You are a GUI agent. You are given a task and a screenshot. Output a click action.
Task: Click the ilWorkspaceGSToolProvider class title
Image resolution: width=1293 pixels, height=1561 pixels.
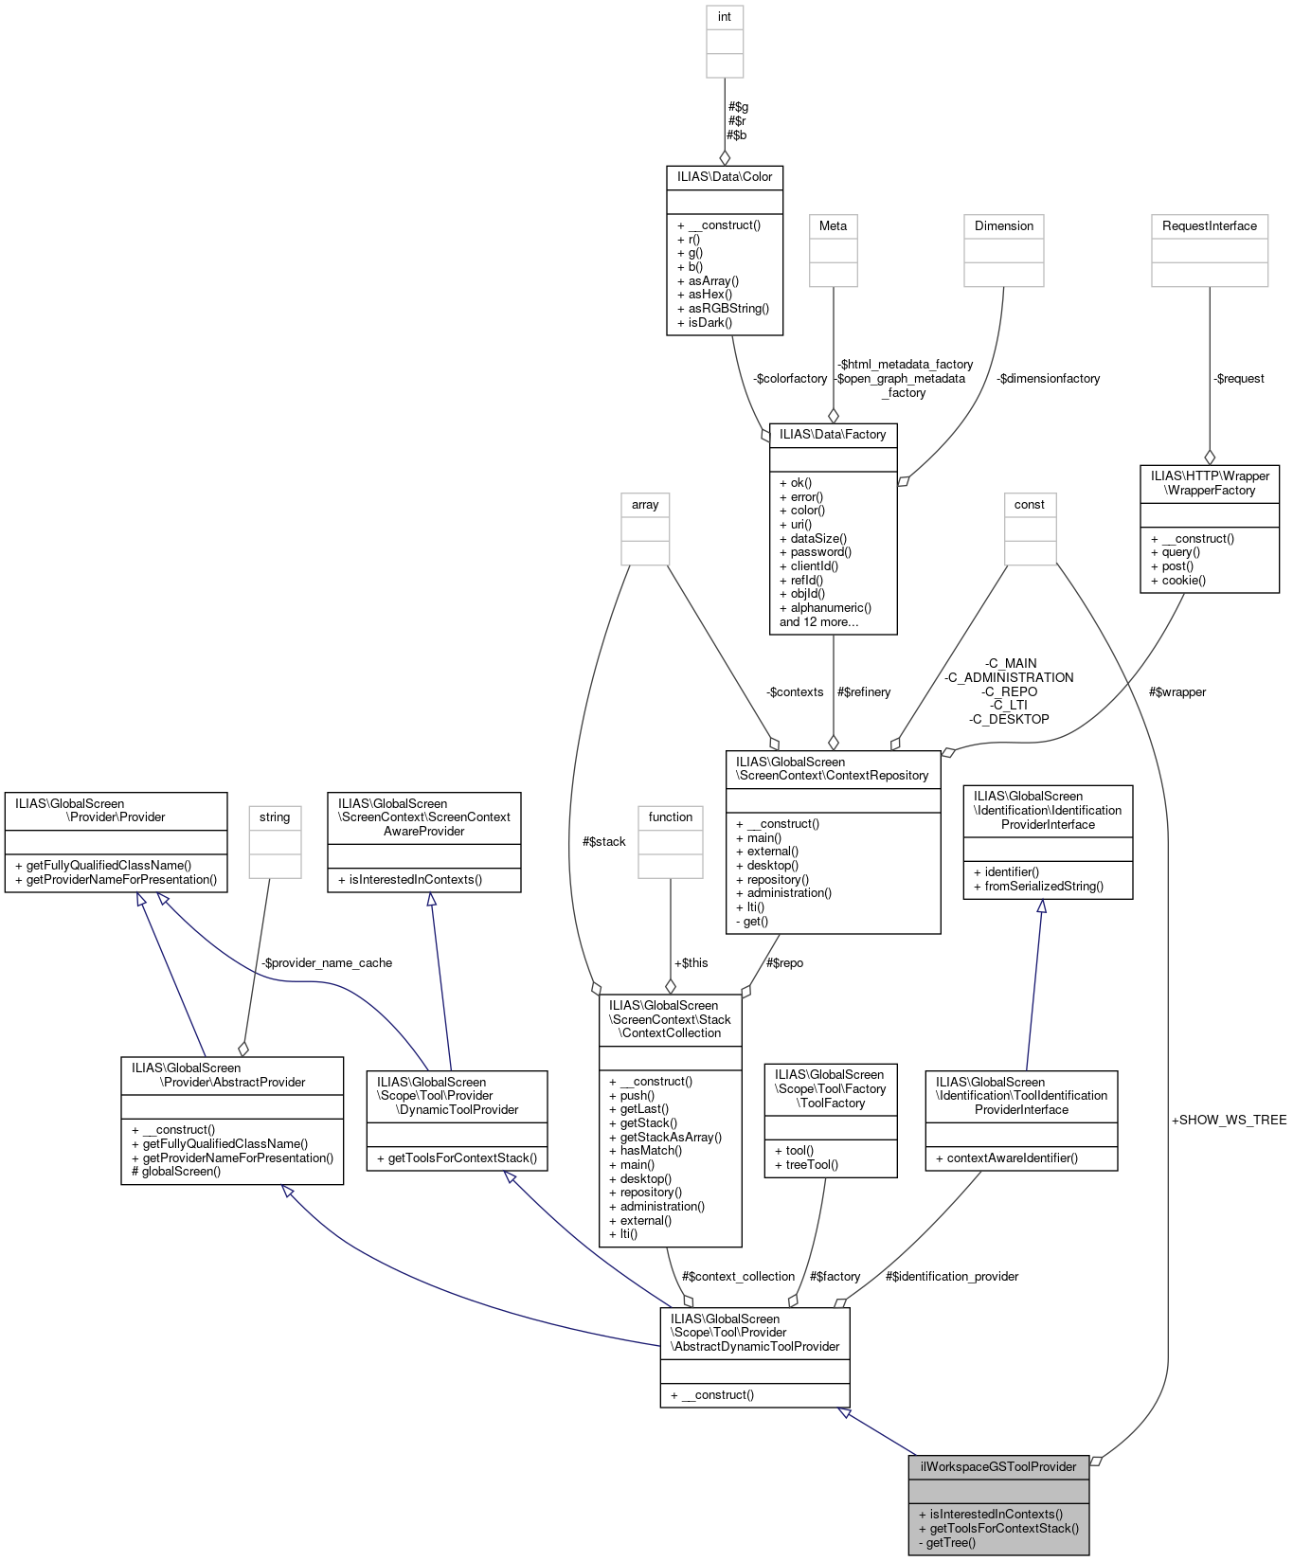tap(998, 1466)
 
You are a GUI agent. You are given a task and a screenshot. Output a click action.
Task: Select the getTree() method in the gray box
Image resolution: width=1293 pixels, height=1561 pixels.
tap(950, 1542)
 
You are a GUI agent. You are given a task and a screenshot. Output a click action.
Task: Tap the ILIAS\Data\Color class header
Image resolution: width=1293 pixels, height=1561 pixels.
tap(725, 176)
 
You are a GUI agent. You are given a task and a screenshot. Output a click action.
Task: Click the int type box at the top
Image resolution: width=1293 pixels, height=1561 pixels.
tap(725, 17)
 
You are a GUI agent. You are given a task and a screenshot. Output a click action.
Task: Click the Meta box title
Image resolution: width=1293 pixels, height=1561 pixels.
tap(833, 225)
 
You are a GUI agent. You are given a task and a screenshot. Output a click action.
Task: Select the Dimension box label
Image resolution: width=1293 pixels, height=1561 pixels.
tap(1004, 225)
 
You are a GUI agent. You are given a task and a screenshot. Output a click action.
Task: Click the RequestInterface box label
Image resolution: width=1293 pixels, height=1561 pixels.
tap(1209, 225)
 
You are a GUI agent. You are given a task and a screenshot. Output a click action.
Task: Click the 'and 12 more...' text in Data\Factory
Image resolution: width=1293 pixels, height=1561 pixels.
tap(818, 621)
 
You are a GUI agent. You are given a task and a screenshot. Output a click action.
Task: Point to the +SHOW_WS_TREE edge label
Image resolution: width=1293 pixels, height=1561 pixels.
tap(1229, 1120)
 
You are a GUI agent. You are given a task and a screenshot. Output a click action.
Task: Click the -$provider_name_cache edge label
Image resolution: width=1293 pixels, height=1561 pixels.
tap(327, 962)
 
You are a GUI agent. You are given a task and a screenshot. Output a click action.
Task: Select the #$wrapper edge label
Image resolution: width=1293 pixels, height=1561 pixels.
tap(1176, 691)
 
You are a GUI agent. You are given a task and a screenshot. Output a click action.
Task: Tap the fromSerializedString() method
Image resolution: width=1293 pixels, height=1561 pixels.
tap(1038, 886)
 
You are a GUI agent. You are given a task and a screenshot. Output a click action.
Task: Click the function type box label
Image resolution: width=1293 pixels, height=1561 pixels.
tap(671, 816)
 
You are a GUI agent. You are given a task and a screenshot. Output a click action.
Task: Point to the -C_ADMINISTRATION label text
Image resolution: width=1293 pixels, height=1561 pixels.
tap(1009, 677)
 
